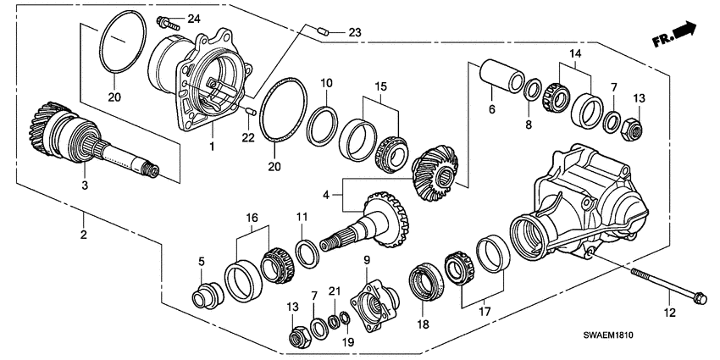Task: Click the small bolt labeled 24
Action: point(167,20)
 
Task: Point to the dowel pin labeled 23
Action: point(323,31)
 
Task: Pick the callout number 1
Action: point(212,147)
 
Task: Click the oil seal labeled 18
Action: point(426,281)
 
